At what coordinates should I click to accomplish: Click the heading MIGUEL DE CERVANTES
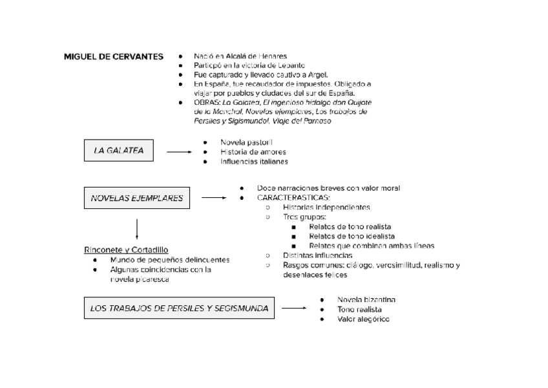click(113, 56)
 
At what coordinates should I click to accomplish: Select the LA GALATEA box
click(118, 151)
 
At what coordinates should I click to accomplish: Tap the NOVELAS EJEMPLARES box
click(137, 198)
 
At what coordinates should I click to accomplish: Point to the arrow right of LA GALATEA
click(180, 152)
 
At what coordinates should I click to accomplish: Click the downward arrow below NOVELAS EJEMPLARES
click(137, 229)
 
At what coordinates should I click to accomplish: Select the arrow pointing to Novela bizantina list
click(294, 308)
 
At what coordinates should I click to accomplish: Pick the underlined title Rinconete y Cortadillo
click(126, 249)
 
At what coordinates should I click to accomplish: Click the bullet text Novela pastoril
click(246, 142)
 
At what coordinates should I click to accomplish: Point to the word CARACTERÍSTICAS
click(293, 197)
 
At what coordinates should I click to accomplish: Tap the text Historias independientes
click(326, 207)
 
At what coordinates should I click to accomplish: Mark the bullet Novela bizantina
click(366, 299)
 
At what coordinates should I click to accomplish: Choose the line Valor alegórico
click(363, 319)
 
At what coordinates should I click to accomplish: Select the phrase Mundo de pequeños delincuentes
click(170, 259)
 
